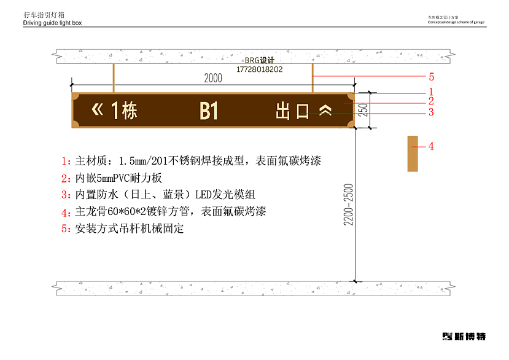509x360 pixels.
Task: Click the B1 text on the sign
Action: click(209, 111)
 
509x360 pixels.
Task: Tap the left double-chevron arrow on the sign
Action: click(98, 110)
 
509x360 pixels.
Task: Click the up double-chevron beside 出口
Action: click(325, 111)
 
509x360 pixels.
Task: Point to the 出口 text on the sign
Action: click(292, 111)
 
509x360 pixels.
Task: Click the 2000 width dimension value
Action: click(212, 79)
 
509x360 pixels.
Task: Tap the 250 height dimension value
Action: click(363, 110)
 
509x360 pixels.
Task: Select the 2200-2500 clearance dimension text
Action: click(348, 204)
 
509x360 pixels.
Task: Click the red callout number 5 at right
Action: click(432, 77)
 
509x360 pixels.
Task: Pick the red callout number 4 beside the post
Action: click(431, 146)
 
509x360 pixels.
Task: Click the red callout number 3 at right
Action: click(432, 112)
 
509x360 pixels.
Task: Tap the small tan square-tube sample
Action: click(413, 154)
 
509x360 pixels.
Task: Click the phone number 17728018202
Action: click(259, 69)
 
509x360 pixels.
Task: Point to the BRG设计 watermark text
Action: click(259, 61)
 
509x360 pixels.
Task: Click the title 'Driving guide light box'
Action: click(52, 23)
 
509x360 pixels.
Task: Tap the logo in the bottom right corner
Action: click(464, 336)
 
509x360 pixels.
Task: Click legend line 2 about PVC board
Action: click(111, 179)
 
